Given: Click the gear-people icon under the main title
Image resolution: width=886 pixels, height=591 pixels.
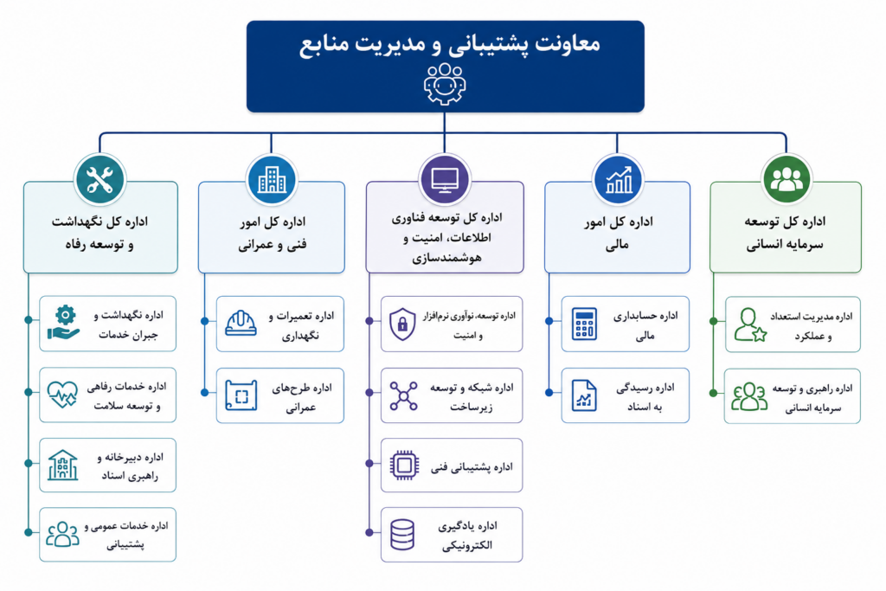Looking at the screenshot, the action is pyautogui.click(x=445, y=84).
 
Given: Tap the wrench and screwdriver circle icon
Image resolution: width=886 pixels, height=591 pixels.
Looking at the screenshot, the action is pyautogui.click(x=100, y=180).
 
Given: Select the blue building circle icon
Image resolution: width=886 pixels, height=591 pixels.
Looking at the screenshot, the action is pyautogui.click(x=272, y=180).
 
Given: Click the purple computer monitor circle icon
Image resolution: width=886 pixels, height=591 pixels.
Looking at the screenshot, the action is pyautogui.click(x=445, y=180).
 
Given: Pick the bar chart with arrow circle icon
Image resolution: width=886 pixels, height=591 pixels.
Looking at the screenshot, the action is pyautogui.click(x=618, y=180).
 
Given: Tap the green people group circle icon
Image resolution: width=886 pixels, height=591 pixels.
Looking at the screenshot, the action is pyautogui.click(x=786, y=180).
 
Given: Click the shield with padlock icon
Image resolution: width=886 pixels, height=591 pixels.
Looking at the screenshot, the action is pyautogui.click(x=402, y=324).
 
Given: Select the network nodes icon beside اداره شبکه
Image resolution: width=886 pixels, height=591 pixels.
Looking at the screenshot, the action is pyautogui.click(x=403, y=395).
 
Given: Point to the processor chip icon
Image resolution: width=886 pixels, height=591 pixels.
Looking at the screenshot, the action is pyautogui.click(x=404, y=466).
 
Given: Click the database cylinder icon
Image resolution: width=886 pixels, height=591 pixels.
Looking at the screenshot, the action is pyautogui.click(x=402, y=535).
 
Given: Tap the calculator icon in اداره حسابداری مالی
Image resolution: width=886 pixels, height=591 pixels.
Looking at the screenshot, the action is pyautogui.click(x=584, y=324).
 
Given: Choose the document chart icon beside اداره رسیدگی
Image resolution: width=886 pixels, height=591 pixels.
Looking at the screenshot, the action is pyautogui.click(x=584, y=395).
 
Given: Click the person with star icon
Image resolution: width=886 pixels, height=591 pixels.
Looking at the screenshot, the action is pyautogui.click(x=751, y=324).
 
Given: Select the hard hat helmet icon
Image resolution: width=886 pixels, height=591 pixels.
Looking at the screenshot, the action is pyautogui.click(x=241, y=323).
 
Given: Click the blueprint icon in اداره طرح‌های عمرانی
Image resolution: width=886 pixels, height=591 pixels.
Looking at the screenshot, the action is pyautogui.click(x=241, y=395).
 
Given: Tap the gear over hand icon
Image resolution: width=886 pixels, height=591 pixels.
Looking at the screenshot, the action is pyautogui.click(x=64, y=323).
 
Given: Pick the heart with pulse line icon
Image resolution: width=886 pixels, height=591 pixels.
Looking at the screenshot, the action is pyautogui.click(x=62, y=395).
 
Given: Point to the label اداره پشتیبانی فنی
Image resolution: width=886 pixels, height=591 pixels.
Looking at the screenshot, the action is pyautogui.click(x=472, y=466).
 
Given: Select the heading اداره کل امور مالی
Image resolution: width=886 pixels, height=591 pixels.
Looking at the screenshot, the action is pyautogui.click(x=618, y=233).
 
